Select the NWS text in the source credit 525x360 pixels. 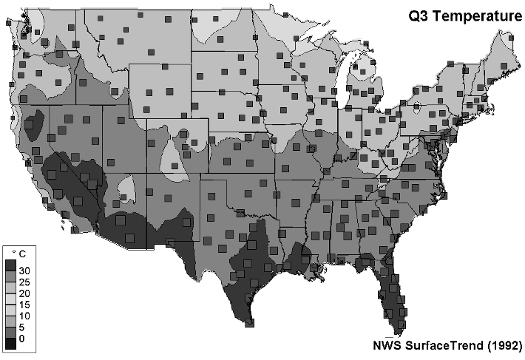(388, 344)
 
